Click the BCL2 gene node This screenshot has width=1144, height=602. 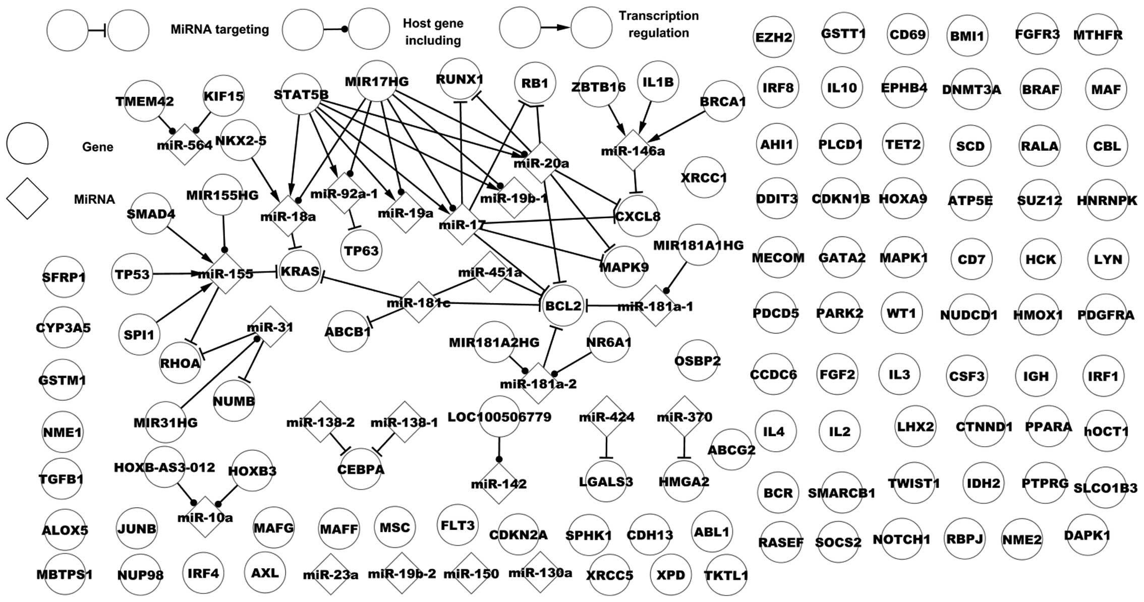(563, 306)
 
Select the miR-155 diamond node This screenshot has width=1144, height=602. (225, 273)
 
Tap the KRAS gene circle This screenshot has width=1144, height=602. (300, 271)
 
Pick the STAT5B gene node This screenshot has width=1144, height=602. (301, 94)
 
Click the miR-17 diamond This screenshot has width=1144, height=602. (462, 224)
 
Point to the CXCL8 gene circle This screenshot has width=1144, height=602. (638, 217)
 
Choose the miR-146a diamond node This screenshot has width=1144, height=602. (633, 151)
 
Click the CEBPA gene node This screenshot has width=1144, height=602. (361, 469)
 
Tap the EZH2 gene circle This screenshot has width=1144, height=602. (773, 37)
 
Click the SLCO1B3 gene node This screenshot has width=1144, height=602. (1105, 488)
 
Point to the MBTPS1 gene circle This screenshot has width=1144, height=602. (64, 574)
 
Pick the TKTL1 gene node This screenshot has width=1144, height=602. (726, 575)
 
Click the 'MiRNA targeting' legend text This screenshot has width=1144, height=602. (219, 29)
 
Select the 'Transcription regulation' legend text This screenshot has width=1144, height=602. (659, 24)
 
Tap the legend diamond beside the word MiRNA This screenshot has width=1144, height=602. (27, 199)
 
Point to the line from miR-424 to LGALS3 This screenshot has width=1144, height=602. (606, 446)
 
